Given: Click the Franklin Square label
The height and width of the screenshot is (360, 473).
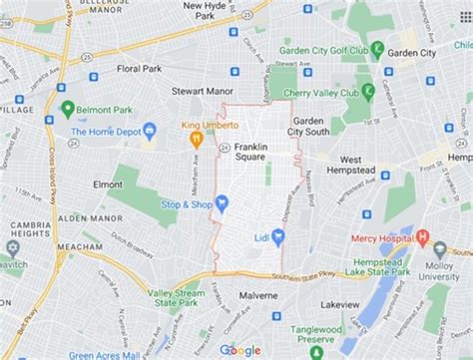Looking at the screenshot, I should (250, 151).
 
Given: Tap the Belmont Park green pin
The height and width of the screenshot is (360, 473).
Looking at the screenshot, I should (68, 109).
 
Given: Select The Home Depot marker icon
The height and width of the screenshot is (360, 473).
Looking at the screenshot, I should (150, 131).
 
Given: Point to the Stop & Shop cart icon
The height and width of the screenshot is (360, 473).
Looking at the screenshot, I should (222, 203).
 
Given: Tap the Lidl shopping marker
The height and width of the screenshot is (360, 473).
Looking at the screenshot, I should (278, 236).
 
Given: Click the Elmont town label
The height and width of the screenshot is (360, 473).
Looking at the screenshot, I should (107, 184).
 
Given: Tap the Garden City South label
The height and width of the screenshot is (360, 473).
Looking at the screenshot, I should (308, 126).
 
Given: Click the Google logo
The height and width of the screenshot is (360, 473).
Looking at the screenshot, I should (239, 349).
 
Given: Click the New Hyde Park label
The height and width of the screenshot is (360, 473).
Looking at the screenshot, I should (206, 12).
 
